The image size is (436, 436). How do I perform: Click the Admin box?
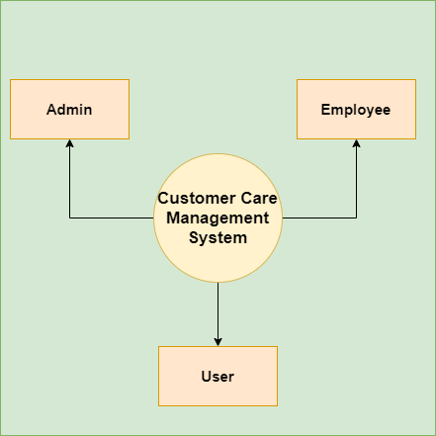coord(69,109)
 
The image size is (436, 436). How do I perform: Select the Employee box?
coord(356,109)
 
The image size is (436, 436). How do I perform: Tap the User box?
coord(218,376)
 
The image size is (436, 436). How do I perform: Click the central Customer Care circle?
coord(218,218)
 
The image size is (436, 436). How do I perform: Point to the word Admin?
coord(69,110)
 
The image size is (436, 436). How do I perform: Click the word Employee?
coord(356,110)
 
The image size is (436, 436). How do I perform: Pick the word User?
coord(218,377)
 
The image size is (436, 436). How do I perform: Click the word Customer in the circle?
coord(197,198)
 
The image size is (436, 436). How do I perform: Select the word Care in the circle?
coord(259,198)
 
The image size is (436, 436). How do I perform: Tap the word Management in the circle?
coord(218,218)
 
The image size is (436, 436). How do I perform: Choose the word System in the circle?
coord(218,238)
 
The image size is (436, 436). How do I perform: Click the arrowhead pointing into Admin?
coord(69,143)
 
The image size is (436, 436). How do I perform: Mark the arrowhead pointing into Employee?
coord(356,143)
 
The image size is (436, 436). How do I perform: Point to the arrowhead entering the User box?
coord(218,342)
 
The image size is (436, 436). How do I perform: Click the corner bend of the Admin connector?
coord(69,218)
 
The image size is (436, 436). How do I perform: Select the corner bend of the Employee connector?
coord(356,218)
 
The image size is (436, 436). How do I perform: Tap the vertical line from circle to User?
coord(218,310)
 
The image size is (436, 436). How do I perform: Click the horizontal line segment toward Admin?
coord(112,218)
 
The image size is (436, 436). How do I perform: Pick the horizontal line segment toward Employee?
coord(319,218)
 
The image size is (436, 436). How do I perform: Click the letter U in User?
coord(206,377)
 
